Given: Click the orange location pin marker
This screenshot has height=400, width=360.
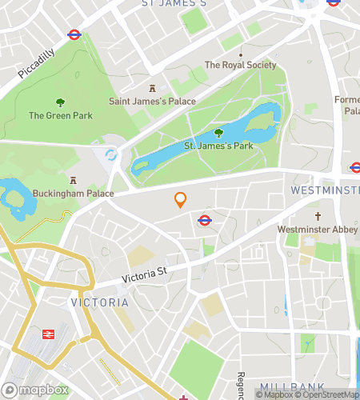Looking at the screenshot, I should [181, 200].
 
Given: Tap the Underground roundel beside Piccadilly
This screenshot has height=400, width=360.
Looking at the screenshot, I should [74, 35].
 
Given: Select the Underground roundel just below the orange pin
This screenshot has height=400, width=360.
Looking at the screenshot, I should [204, 221].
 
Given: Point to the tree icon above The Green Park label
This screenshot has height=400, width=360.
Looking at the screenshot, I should [60, 102].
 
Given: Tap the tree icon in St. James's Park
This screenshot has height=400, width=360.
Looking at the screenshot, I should [219, 133].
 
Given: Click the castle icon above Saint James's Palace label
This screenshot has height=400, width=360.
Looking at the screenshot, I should [150, 87].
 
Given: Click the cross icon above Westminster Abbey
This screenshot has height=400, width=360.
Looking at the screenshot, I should [318, 216].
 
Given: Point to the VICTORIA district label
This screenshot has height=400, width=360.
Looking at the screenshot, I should [99, 302].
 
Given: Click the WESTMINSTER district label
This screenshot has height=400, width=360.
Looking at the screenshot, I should [324, 190].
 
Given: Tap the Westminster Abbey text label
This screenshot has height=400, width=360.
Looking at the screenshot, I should [318, 230].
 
